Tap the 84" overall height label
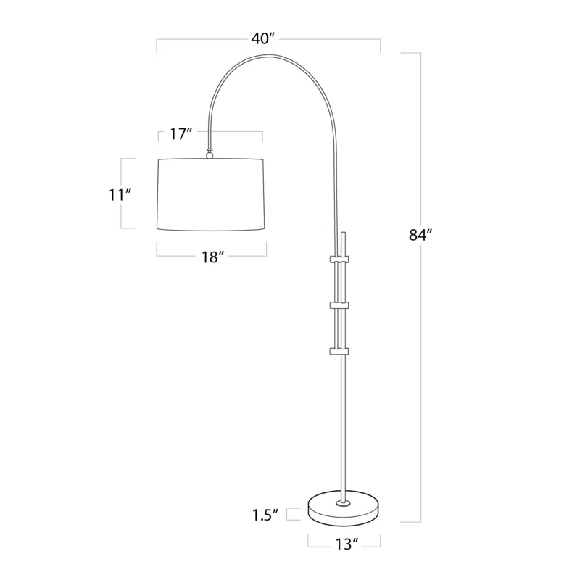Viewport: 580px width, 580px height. (x=420, y=235)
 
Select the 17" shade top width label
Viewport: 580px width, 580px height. (x=181, y=134)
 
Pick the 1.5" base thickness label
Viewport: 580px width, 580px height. (x=267, y=515)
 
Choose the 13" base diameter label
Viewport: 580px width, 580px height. (x=345, y=543)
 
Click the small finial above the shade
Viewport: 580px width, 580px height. (x=210, y=153)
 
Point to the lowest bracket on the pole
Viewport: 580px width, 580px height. (x=340, y=352)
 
